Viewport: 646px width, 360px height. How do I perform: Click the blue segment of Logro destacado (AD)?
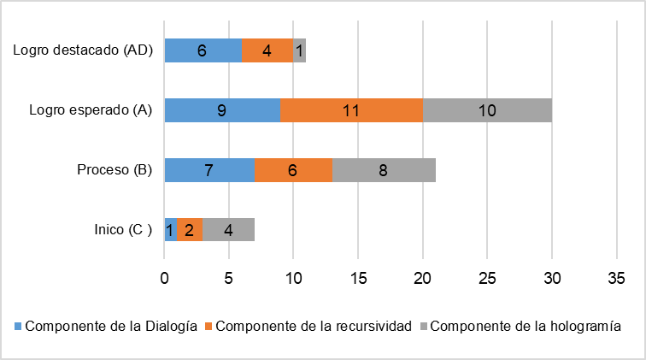tap(203, 50)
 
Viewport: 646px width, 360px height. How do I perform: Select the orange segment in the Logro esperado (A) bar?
tap(351, 110)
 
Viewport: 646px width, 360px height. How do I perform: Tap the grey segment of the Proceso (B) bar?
tap(384, 170)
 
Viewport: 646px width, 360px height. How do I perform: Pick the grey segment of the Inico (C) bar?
tap(228, 230)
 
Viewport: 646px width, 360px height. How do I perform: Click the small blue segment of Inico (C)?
tap(171, 230)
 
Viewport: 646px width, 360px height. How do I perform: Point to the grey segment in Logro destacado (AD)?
tap(299, 50)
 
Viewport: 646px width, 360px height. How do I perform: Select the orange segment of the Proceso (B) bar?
tap(292, 170)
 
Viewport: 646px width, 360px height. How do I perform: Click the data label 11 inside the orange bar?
tap(351, 110)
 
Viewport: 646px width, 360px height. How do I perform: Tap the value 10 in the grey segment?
tap(487, 110)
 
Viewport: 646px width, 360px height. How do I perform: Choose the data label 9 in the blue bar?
tap(221, 110)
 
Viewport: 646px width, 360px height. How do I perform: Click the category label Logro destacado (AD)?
tap(83, 50)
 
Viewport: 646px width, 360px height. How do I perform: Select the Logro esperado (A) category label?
tap(90, 110)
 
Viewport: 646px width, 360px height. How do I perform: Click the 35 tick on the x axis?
tap(616, 279)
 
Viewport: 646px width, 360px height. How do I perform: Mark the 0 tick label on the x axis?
tap(164, 279)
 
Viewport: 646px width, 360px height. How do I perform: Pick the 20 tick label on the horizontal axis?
tap(422, 279)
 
